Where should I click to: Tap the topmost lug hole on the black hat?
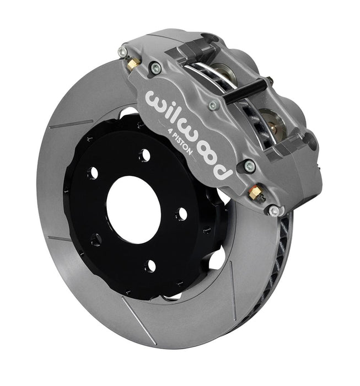click(x=145, y=156)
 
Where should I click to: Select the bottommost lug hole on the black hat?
click(x=150, y=266)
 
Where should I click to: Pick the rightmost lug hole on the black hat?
click(x=181, y=214)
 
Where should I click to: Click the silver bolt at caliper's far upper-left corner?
click(x=122, y=51)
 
